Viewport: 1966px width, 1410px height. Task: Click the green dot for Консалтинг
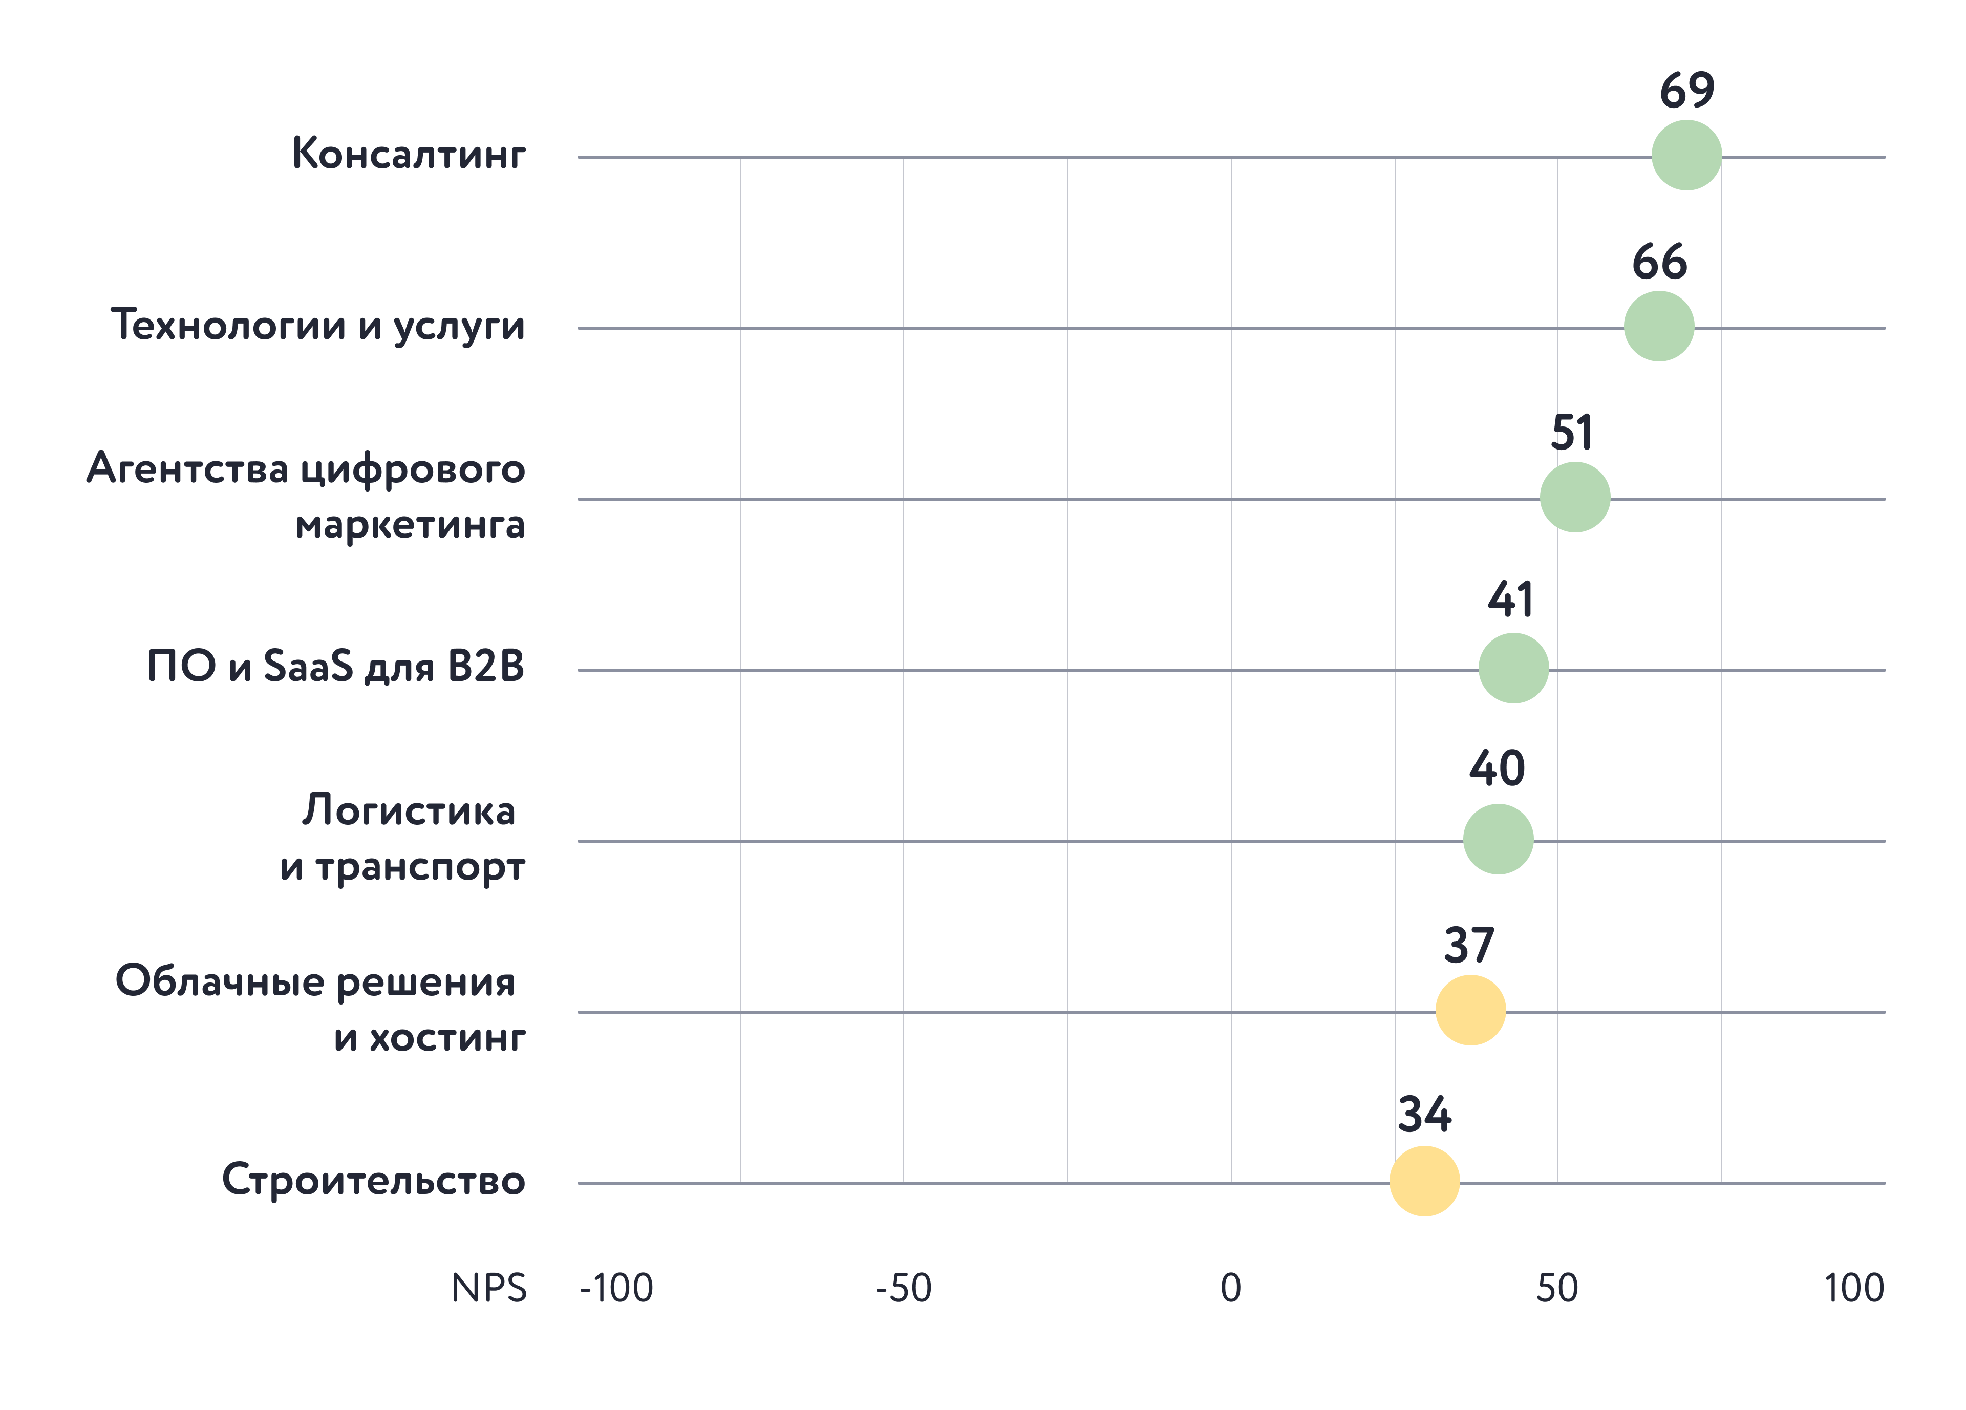(1686, 155)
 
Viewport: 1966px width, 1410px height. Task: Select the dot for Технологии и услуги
(1658, 326)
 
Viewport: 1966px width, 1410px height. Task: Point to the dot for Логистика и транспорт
(1498, 839)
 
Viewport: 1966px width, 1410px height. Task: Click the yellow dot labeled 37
(1470, 1010)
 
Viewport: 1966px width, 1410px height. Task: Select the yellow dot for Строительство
(1424, 1180)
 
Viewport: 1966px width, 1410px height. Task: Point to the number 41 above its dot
(1511, 600)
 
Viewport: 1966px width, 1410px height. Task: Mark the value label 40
(1497, 768)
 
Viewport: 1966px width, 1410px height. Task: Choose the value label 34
(1424, 1115)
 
